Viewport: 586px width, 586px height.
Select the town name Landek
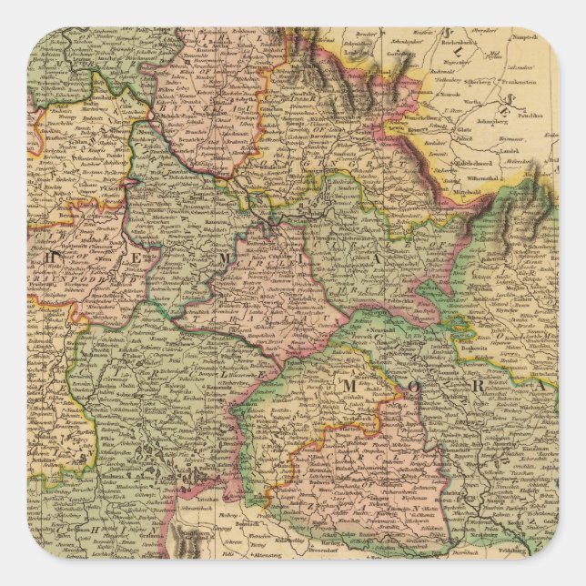[521, 145]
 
